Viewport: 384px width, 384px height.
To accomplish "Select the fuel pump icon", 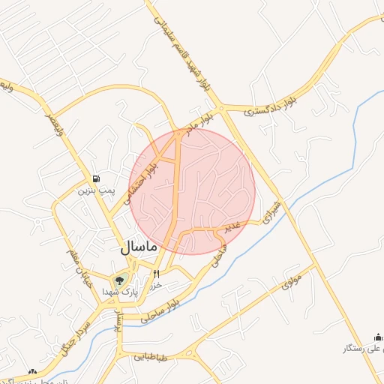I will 97,178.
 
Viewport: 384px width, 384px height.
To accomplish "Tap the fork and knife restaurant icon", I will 157,274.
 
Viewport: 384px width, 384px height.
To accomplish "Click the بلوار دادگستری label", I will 276,103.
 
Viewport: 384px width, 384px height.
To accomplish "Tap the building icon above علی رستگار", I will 379,337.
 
